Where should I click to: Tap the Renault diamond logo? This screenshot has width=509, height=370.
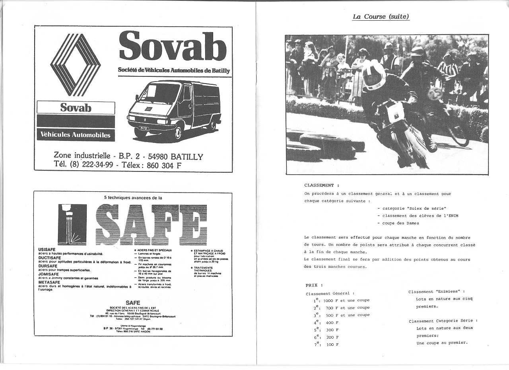[x=75, y=65]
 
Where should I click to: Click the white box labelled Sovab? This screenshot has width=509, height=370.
[x=76, y=108]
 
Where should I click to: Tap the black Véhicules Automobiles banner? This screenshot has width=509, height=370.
[x=76, y=135]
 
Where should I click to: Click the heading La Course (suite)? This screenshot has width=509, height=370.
[x=381, y=17]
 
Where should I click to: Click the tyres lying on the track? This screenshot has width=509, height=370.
[x=326, y=146]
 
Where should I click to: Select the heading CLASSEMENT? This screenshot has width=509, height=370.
[x=319, y=185]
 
